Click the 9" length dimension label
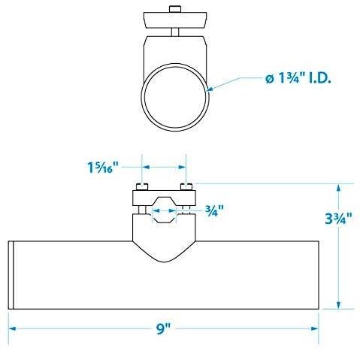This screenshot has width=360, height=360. point(163,328)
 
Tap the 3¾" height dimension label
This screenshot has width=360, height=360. point(338,219)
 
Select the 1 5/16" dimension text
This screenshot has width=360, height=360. point(102,167)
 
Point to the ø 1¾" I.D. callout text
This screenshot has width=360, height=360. point(298,79)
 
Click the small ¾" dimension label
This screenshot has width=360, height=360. point(214,210)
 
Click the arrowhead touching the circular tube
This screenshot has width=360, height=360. point(210,89)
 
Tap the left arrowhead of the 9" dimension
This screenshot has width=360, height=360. point(13,328)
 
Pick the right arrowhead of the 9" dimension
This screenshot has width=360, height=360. point(315,328)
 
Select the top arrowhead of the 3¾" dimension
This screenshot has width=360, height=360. point(339,188)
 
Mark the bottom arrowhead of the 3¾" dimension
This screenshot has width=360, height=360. point(339,304)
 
